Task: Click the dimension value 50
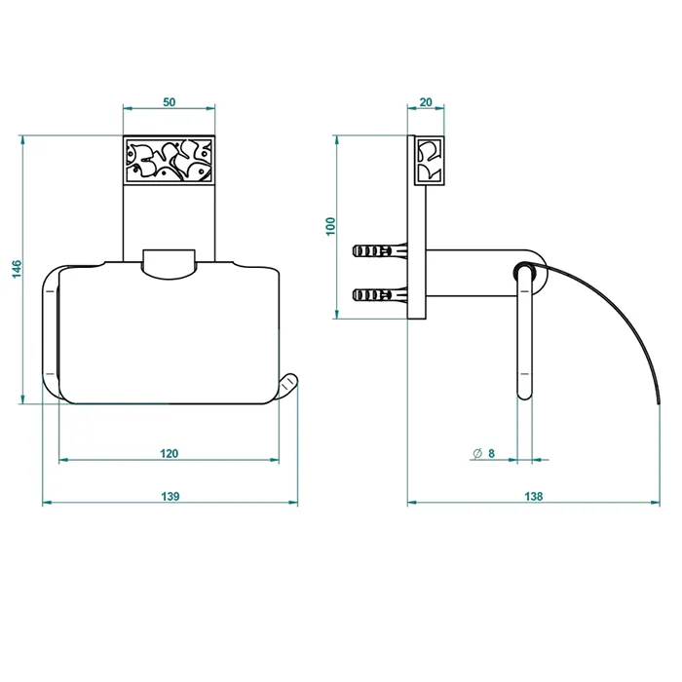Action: click(x=170, y=102)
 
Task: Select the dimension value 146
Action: click(x=17, y=270)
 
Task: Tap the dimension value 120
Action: click(x=170, y=454)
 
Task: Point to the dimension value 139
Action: click(x=170, y=496)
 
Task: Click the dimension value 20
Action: click(x=426, y=102)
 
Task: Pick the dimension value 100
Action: click(x=331, y=227)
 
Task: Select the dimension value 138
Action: click(x=534, y=496)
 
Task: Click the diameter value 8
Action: click(x=491, y=454)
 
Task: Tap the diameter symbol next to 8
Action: click(x=477, y=453)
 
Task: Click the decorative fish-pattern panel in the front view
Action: click(x=170, y=161)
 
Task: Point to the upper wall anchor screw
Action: click(x=380, y=251)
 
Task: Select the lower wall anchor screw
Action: click(x=380, y=296)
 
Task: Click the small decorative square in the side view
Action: click(x=430, y=161)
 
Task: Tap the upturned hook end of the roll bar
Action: click(x=288, y=385)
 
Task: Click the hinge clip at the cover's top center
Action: click(x=169, y=264)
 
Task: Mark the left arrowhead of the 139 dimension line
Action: click(x=47, y=503)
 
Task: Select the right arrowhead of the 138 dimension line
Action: click(x=655, y=503)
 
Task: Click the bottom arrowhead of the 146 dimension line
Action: click(x=23, y=399)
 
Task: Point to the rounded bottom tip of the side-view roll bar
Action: click(x=524, y=398)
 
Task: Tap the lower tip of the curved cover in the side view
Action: click(x=660, y=401)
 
